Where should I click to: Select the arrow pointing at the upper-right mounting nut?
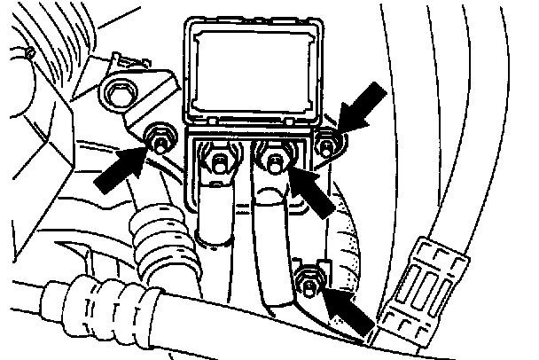[x=365, y=105]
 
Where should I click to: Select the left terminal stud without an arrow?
[x=219, y=163]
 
